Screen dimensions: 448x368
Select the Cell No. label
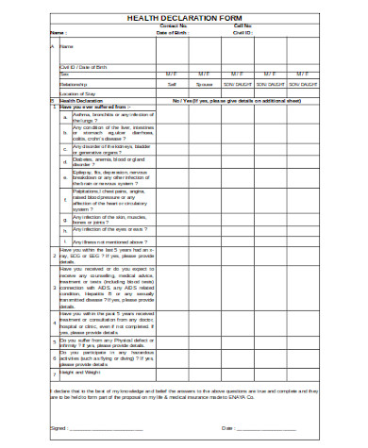pyautogui.click(x=245, y=25)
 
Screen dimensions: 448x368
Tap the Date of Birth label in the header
pyautogui.click(x=173, y=32)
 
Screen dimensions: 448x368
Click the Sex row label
pyautogui.click(x=65, y=74)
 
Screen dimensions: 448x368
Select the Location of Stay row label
pyautogui.click(x=78, y=94)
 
